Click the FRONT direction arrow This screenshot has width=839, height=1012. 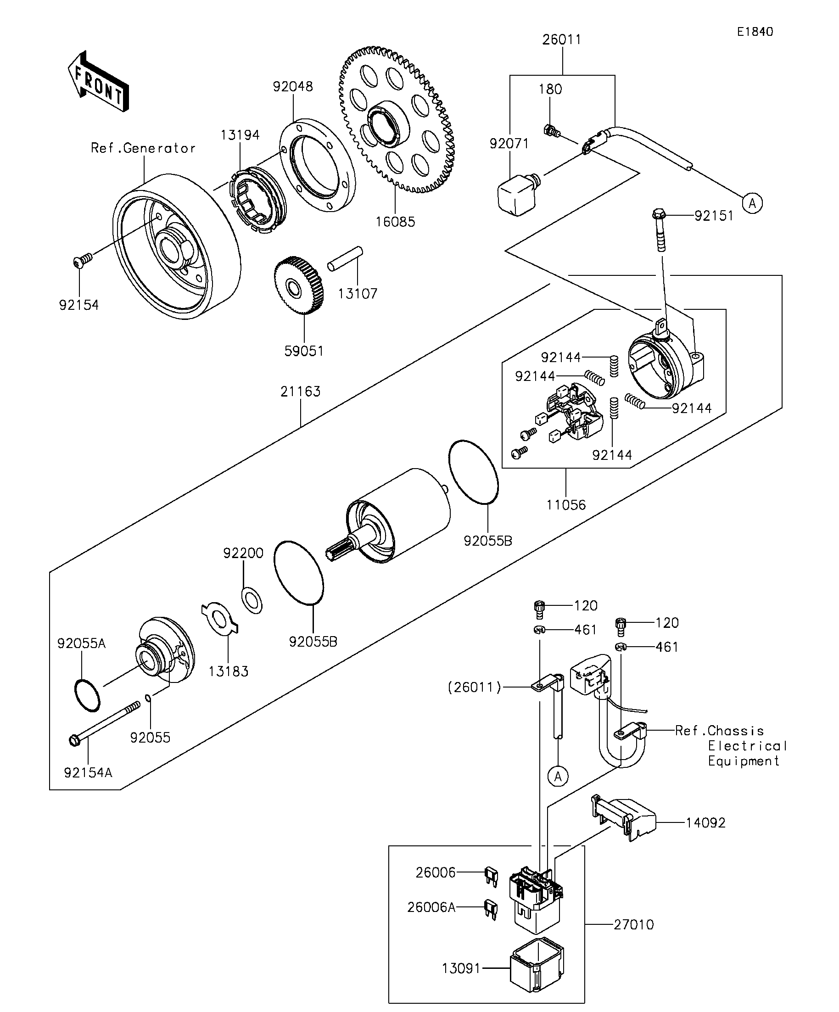pyautogui.click(x=98, y=82)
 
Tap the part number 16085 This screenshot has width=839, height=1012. pyautogui.click(x=395, y=222)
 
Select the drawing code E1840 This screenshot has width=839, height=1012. pyautogui.click(x=755, y=32)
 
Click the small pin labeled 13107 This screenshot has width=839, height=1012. pyautogui.click(x=345, y=259)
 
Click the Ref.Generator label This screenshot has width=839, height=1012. pyautogui.click(x=143, y=148)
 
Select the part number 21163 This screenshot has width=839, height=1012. pyautogui.click(x=300, y=391)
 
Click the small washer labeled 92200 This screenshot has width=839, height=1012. pyautogui.click(x=252, y=600)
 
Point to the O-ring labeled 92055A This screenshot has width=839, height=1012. pyautogui.click(x=88, y=695)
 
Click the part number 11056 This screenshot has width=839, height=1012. pyautogui.click(x=566, y=504)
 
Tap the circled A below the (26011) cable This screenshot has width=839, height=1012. pyautogui.click(x=558, y=777)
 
